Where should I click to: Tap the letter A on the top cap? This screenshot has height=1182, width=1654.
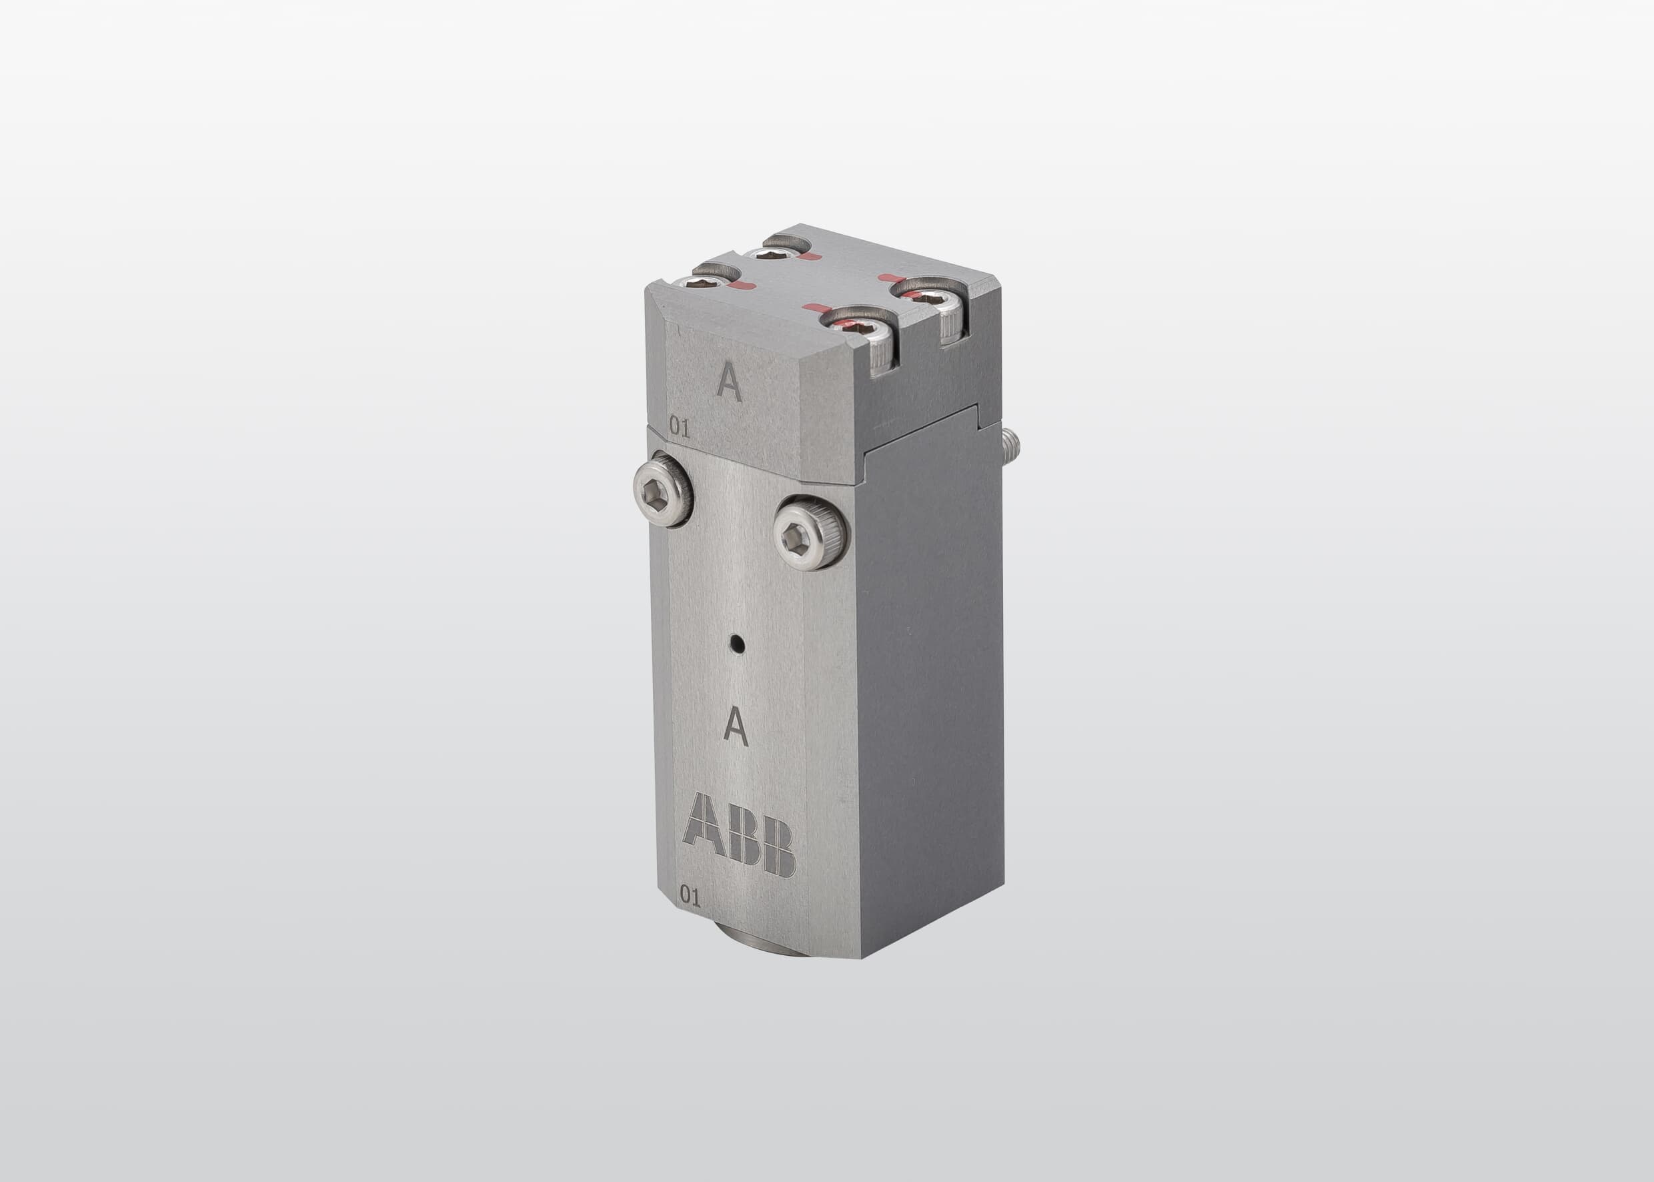tap(728, 382)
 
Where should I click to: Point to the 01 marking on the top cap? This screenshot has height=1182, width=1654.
tap(679, 428)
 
